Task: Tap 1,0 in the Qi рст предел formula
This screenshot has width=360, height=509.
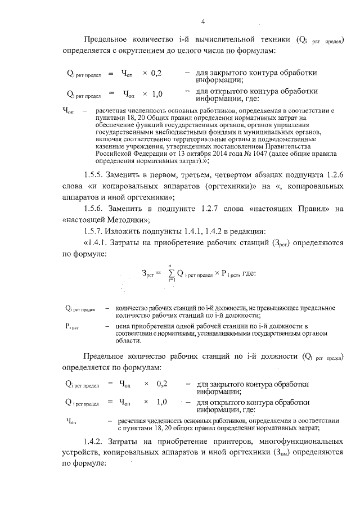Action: (x=161, y=402)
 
